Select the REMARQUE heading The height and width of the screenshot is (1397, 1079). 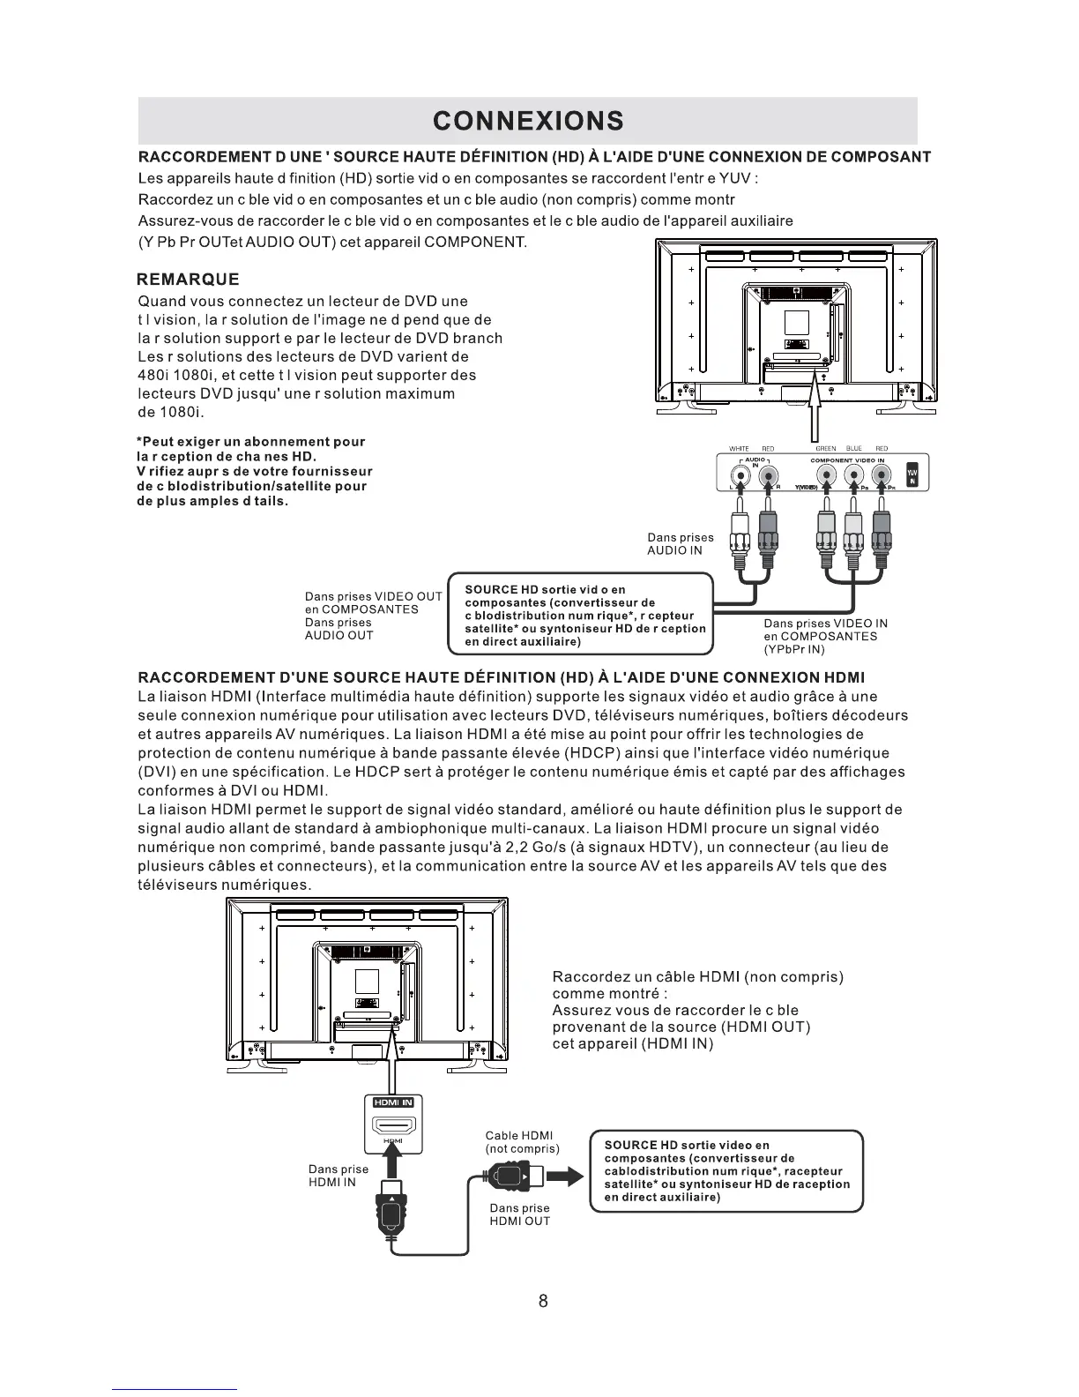click(x=189, y=280)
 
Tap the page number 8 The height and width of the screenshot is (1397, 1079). click(x=543, y=1301)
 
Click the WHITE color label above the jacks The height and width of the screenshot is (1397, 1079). click(x=739, y=449)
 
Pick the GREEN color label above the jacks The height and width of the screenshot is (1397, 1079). click(x=825, y=449)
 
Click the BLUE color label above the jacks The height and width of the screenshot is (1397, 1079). click(x=853, y=449)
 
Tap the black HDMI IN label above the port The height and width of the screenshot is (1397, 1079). click(x=393, y=1102)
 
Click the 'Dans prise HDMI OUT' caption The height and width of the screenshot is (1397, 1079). click(x=519, y=1214)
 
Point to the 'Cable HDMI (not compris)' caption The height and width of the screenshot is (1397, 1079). click(x=522, y=1142)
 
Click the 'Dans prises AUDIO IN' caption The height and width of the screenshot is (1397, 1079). click(x=680, y=543)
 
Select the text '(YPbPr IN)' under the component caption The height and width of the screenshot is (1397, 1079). click(x=793, y=649)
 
